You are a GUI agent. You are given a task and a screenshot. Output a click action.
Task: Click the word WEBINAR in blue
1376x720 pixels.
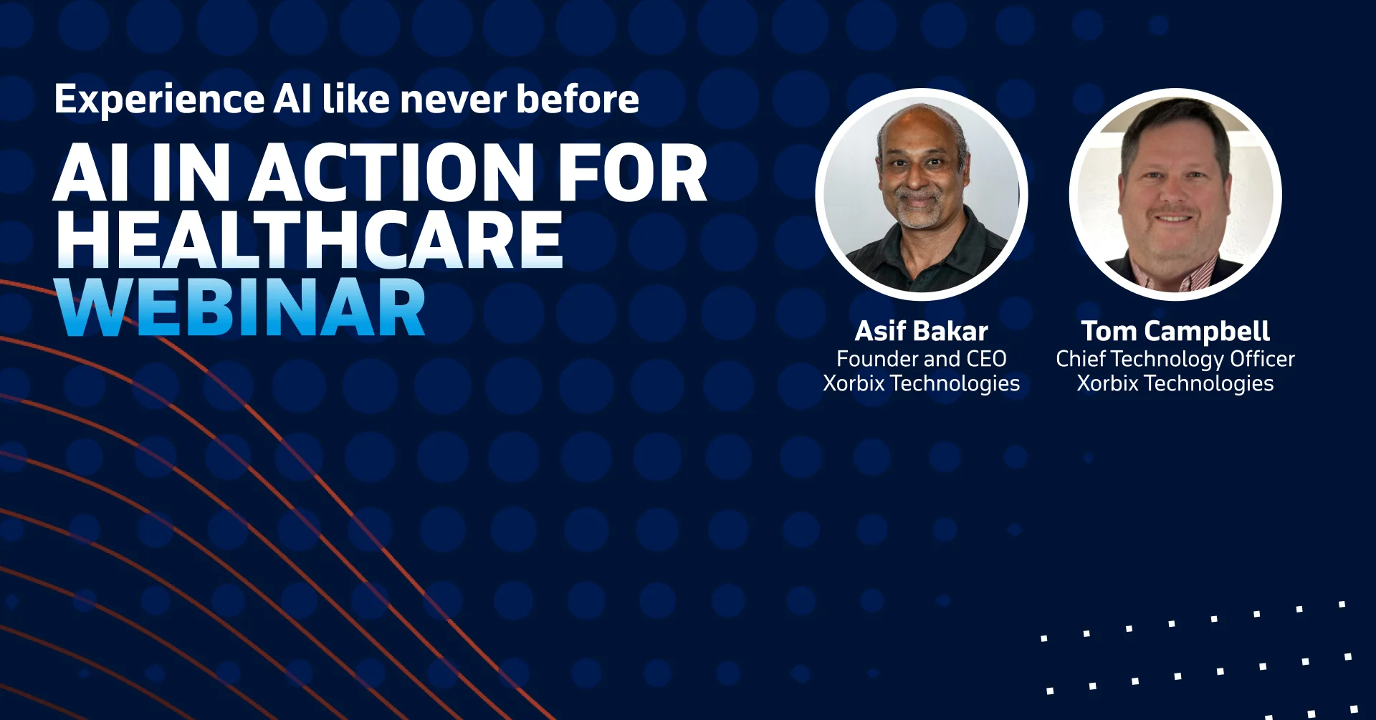coord(241,308)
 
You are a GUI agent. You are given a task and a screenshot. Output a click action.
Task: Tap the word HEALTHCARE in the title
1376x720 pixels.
coord(310,241)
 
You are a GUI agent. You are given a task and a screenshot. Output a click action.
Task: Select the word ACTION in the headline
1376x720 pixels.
coord(391,173)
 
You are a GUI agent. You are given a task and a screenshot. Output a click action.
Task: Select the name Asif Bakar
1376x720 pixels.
coord(921,331)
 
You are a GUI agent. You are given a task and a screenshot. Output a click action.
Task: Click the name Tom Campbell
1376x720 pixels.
coord(1175,331)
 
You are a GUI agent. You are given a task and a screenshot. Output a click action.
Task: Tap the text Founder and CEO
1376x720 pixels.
coord(921,358)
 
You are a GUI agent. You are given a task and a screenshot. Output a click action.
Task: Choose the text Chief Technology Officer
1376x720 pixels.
coord(1175,358)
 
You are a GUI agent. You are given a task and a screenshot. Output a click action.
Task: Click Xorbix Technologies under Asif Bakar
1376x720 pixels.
coord(921,383)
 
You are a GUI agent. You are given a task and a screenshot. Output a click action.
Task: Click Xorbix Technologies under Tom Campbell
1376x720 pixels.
coord(1175,383)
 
